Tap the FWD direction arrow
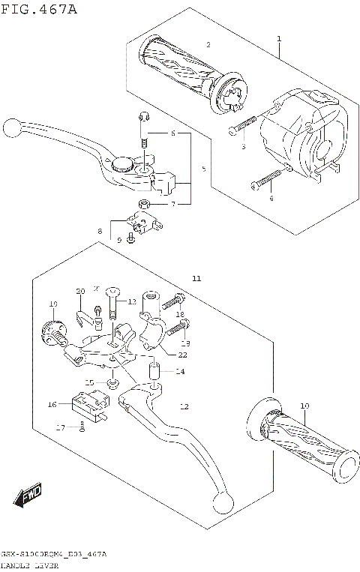[27, 496]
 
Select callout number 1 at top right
[278, 38]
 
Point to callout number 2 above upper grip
[208, 46]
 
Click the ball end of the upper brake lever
[12, 127]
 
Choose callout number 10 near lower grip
[304, 406]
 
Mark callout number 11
[196, 279]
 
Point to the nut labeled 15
[112, 384]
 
